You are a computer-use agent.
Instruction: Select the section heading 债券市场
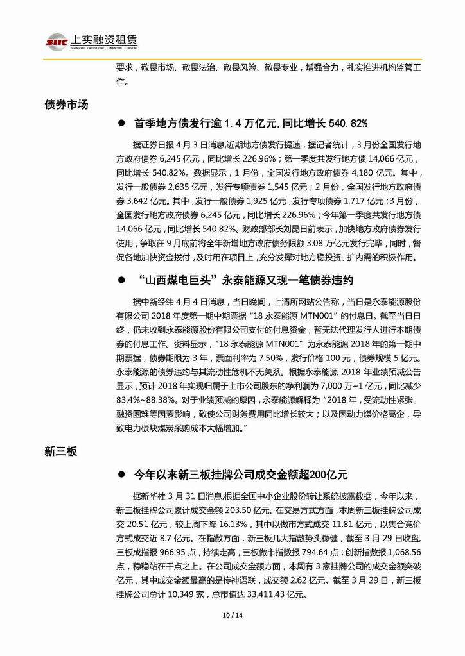click(x=66, y=105)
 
